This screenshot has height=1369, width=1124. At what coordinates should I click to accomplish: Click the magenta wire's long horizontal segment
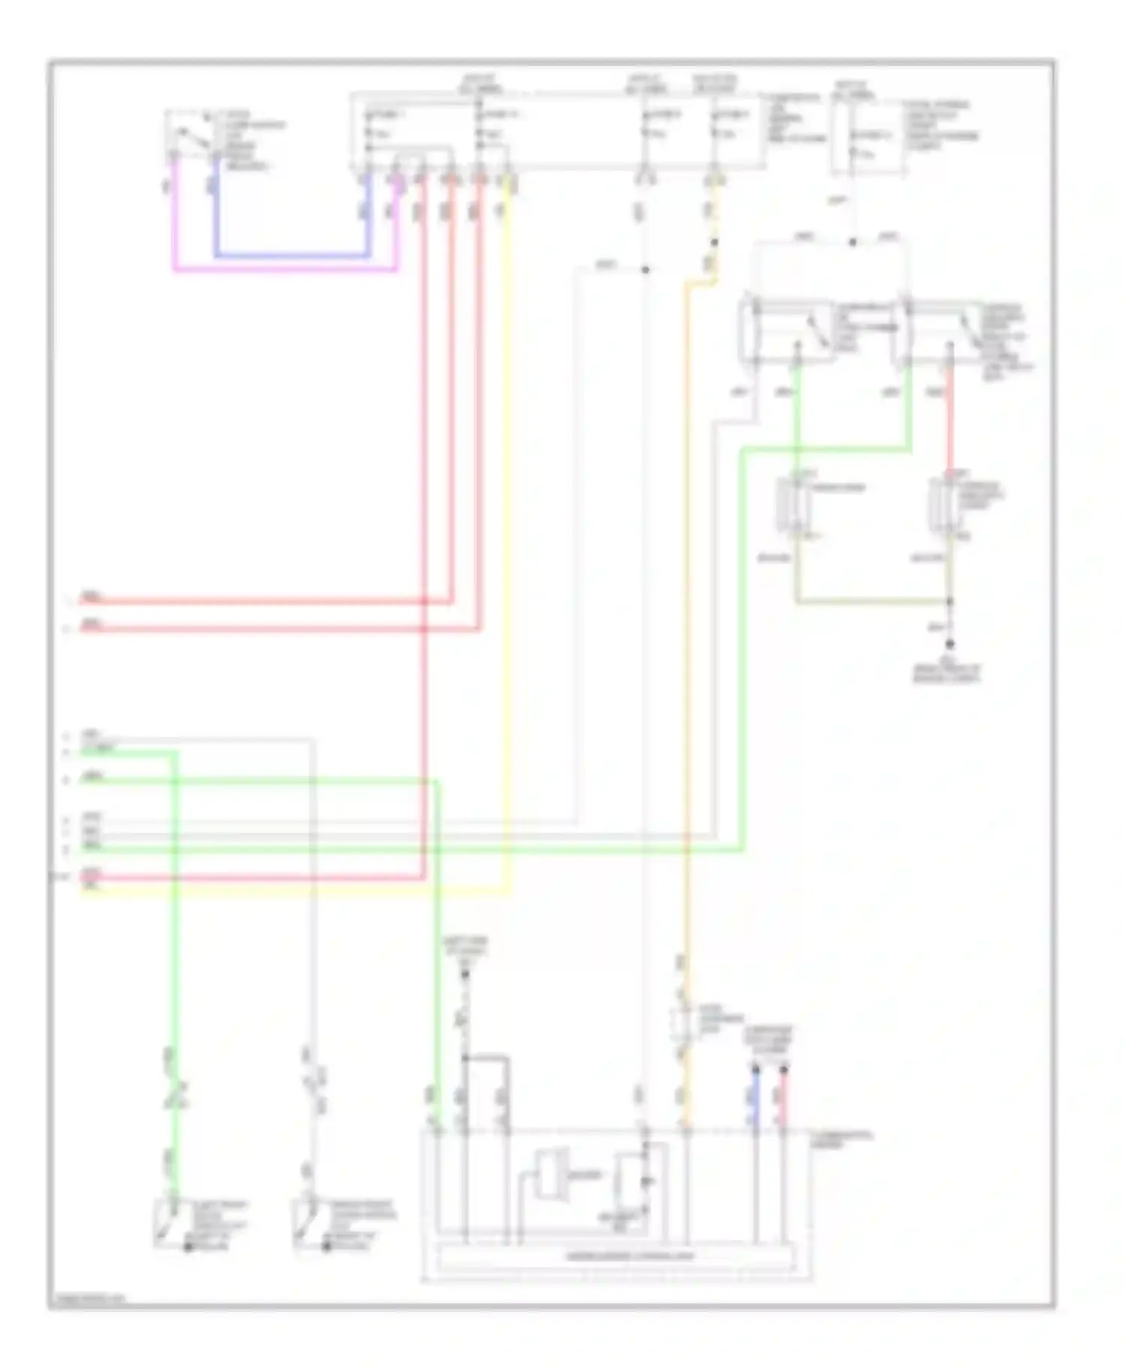click(x=285, y=269)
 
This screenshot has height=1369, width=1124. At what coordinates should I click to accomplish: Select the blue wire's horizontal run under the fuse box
click(x=292, y=256)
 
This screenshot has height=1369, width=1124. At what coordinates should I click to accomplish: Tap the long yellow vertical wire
click(x=509, y=524)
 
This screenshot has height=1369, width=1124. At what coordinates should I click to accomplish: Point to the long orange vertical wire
click(x=686, y=674)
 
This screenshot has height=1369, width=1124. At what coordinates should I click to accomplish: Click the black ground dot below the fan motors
click(x=949, y=644)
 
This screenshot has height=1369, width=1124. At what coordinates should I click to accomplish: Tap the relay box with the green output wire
click(x=787, y=330)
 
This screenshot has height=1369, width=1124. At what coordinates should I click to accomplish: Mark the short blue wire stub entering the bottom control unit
click(x=755, y=1097)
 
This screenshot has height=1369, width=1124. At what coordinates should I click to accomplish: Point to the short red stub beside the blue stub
click(x=784, y=1097)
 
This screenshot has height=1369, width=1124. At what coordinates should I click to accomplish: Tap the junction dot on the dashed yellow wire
click(x=713, y=243)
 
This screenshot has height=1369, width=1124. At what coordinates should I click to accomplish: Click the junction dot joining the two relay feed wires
click(x=853, y=242)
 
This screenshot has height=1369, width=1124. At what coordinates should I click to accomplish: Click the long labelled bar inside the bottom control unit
click(x=614, y=1256)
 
